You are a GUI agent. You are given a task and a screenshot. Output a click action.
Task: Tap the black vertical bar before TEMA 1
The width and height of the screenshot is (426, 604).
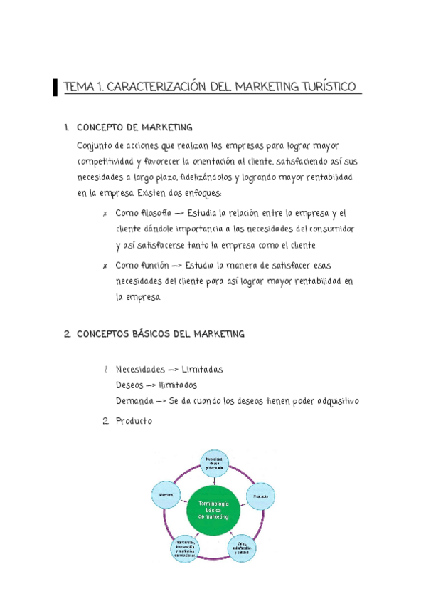55,88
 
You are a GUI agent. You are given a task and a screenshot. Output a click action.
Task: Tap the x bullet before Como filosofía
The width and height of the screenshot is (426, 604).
105,214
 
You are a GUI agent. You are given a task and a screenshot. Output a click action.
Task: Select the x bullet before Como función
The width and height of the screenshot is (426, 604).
105,266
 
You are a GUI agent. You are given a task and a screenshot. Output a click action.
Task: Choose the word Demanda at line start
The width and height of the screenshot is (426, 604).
133,401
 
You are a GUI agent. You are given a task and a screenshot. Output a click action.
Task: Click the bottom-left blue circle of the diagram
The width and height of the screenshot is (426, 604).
185,550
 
